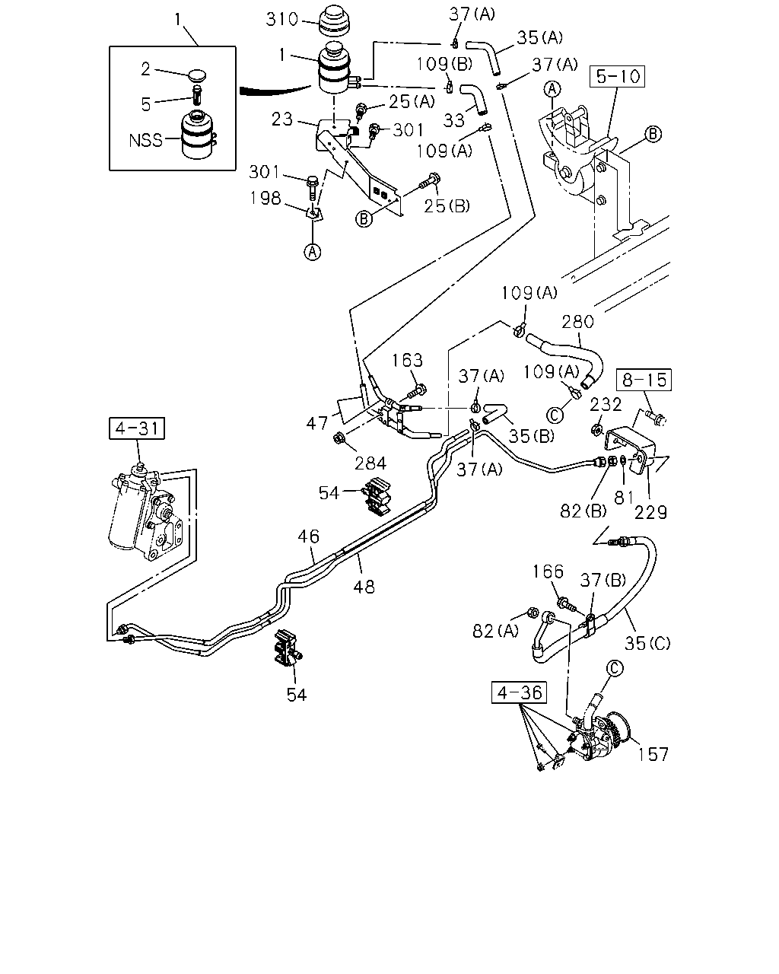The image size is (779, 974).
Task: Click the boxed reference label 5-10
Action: pyautogui.click(x=617, y=77)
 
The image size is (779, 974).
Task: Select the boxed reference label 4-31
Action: pyautogui.click(x=137, y=428)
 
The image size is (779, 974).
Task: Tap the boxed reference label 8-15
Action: pyautogui.click(x=644, y=380)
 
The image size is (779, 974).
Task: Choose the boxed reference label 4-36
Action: pyautogui.click(x=519, y=692)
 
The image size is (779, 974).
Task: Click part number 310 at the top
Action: pyautogui.click(x=282, y=20)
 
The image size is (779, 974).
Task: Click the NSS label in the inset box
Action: pyautogui.click(x=146, y=140)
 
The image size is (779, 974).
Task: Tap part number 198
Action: pyautogui.click(x=265, y=199)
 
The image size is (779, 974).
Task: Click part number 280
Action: pyautogui.click(x=578, y=322)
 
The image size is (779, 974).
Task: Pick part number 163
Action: pyautogui.click(x=407, y=360)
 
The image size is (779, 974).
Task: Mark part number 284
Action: pyautogui.click(x=370, y=463)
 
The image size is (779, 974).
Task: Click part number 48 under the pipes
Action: pyautogui.click(x=364, y=587)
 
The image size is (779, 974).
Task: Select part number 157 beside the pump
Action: pyautogui.click(x=653, y=755)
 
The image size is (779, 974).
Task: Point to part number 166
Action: pyautogui.click(x=548, y=571)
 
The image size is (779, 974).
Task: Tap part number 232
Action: pyautogui.click(x=606, y=404)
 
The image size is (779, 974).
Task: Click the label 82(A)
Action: pyautogui.click(x=496, y=631)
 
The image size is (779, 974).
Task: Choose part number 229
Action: pyautogui.click(x=651, y=512)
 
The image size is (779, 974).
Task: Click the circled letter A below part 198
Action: pyautogui.click(x=313, y=252)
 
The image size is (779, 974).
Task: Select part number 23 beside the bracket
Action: pyautogui.click(x=282, y=119)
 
